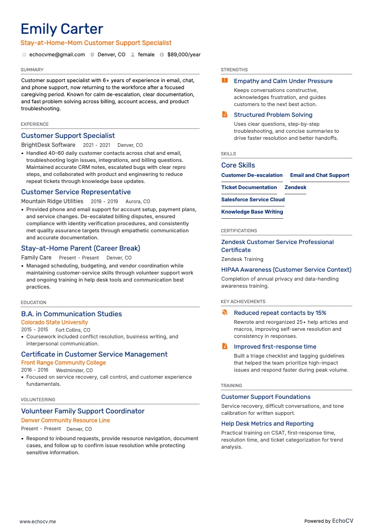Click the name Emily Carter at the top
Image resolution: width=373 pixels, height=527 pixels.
[x=62, y=29]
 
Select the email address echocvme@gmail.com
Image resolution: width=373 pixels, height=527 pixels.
[x=57, y=54]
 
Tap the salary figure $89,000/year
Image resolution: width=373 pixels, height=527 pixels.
[x=184, y=54]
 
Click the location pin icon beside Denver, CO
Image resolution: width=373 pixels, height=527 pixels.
[x=93, y=54]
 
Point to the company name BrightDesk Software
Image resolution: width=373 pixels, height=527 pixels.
[x=48, y=145]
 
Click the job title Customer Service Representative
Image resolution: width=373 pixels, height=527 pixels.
[x=76, y=192]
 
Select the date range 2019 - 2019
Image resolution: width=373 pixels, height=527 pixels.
[x=104, y=201]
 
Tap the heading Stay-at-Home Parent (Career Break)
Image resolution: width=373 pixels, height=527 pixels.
[x=80, y=248]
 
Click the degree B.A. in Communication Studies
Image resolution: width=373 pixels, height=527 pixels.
[x=71, y=314]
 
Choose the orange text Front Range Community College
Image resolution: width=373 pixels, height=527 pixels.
[x=63, y=363]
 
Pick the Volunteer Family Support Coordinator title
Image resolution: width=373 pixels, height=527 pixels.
[x=83, y=411]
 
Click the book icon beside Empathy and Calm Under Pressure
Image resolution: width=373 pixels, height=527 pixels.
[x=225, y=81]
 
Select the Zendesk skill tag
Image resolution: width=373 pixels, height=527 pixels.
[x=295, y=187]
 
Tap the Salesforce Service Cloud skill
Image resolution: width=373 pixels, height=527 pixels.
[x=253, y=199]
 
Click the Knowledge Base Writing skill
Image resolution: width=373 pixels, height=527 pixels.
[x=252, y=212]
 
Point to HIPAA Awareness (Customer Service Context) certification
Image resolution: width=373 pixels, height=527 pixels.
[x=286, y=270]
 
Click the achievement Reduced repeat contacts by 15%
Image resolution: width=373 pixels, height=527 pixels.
[x=280, y=313]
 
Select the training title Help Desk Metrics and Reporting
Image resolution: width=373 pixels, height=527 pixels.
[x=267, y=424]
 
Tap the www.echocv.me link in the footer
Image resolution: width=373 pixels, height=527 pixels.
[x=38, y=521]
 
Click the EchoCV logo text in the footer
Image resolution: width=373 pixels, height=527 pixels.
[x=342, y=521]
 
